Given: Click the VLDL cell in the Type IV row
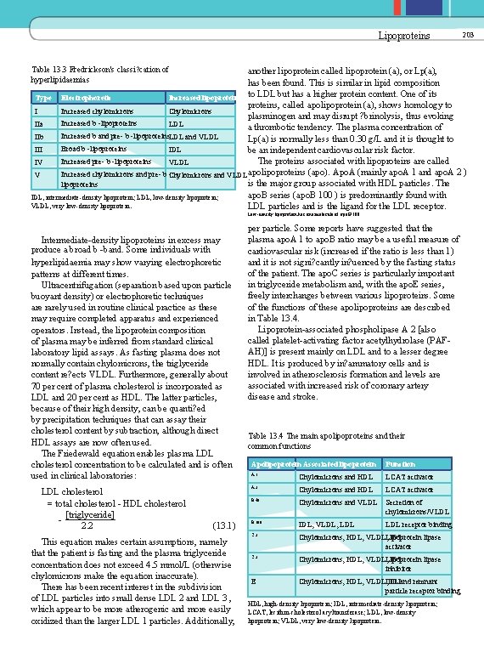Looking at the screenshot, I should [179, 161].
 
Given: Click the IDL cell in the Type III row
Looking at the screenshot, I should [175, 149].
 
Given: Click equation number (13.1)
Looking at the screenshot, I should [225, 525].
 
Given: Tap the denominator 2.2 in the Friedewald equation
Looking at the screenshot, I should [87, 525].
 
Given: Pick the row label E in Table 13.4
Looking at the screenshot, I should [256, 581].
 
